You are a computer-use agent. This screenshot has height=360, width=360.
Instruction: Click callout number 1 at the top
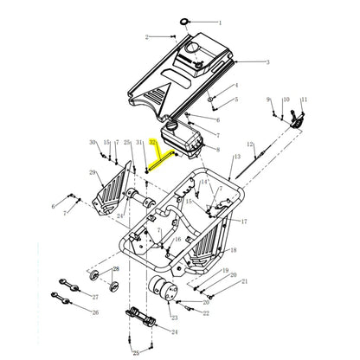[219, 22]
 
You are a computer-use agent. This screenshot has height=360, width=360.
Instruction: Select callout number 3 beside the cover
[267, 62]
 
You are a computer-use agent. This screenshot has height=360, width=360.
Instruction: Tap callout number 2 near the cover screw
[147, 37]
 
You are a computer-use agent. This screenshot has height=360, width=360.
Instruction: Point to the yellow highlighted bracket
[164, 157]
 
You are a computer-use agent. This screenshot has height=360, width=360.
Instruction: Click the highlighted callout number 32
[153, 141]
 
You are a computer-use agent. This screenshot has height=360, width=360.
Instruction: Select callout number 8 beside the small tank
[218, 151]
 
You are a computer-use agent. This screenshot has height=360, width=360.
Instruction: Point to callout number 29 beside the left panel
[93, 172]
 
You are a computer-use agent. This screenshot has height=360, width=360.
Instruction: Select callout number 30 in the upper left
[93, 142]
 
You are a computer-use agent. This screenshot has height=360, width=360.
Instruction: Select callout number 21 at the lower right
[245, 282]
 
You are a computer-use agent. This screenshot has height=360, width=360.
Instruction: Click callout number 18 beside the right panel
[233, 251]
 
